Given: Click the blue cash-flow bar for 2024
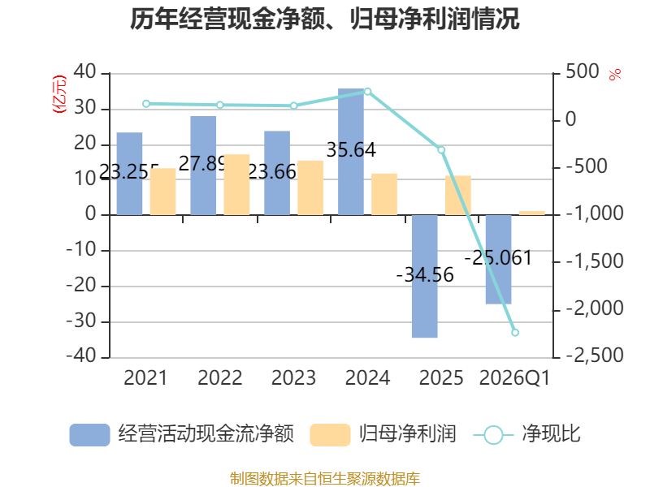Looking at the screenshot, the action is pos(351,152).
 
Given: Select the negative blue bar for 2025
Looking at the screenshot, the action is pos(424,276).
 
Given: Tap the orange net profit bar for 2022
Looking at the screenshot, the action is pos(236,185).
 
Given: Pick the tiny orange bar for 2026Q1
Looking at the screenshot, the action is pos(532,213).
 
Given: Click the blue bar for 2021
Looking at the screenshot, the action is pos(129,174).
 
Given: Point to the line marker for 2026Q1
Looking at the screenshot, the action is pos(515,332).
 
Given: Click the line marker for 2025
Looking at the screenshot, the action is pos(441,149).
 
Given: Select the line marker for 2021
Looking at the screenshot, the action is pos(146,104).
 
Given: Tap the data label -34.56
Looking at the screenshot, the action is pos(425,275).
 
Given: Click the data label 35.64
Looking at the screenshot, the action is pos(351,149).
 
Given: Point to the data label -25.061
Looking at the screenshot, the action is pos(498,258).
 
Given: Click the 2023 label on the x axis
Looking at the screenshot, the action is pos(293,377).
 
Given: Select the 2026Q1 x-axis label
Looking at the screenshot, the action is pos(514,377).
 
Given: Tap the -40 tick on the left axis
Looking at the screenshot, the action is pos(81,356).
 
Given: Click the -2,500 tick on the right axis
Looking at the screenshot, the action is pos(595,356).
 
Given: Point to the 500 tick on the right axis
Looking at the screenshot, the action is pos(583,71).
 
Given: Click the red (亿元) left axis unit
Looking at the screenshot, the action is pos(59,94).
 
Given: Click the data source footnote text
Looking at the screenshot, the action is pos(324,479).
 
